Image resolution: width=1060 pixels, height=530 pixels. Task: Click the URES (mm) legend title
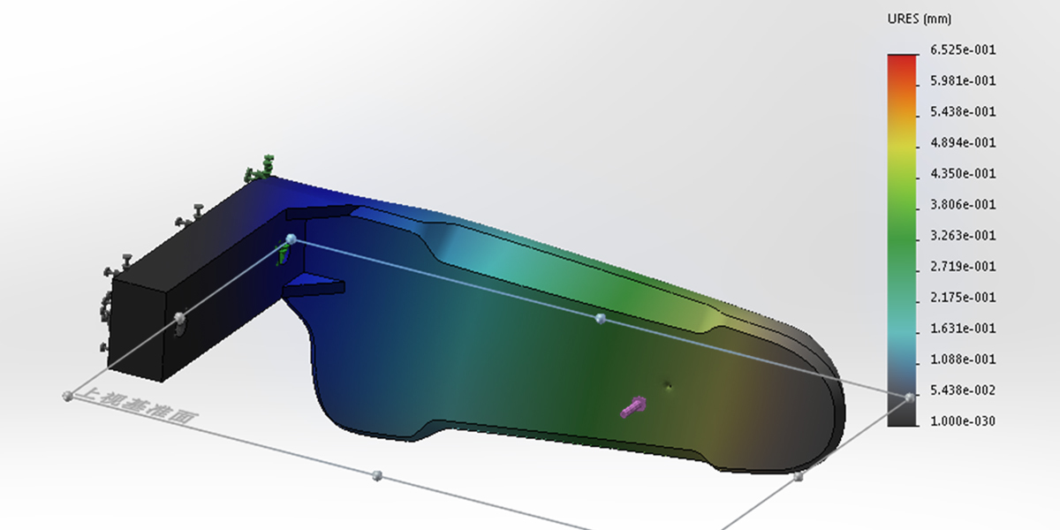pos(919,19)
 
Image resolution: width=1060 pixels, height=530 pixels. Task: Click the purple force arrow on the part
pos(633,407)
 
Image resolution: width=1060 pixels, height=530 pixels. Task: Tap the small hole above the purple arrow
pos(669,384)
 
